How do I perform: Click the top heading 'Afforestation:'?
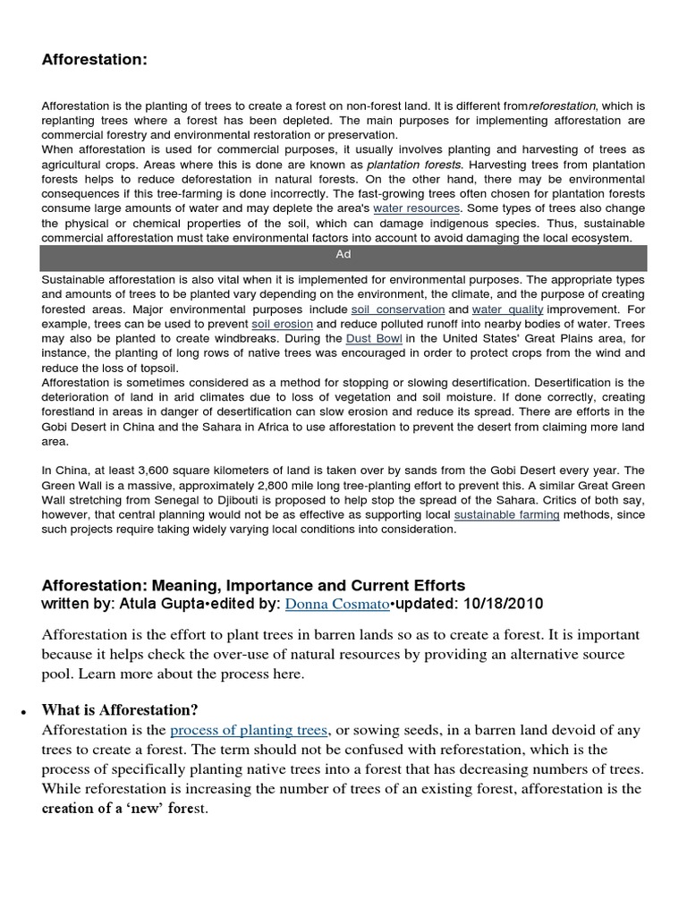(94, 60)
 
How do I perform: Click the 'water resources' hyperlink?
(416, 208)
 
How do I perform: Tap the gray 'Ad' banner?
(343, 255)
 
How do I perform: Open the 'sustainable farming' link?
(507, 514)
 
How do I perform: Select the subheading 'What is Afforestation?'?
(120, 710)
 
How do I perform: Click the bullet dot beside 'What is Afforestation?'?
(20, 712)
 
